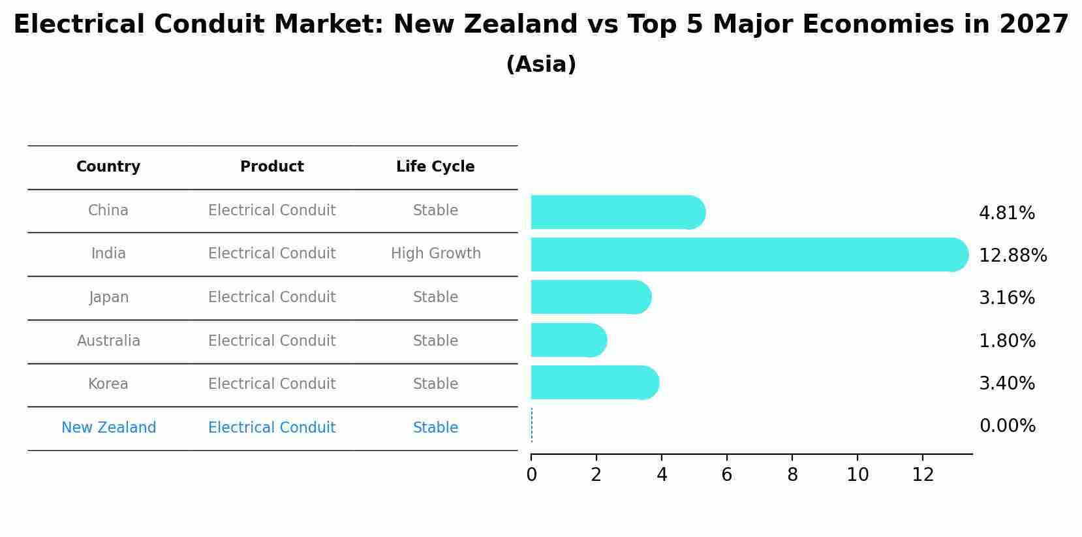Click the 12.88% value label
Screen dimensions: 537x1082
(1013, 255)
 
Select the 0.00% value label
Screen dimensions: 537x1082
(1007, 426)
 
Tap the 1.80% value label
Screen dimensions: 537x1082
(1007, 341)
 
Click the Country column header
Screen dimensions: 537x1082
(108, 167)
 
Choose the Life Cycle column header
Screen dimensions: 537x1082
(435, 167)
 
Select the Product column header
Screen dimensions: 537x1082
(271, 167)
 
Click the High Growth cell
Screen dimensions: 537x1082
(435, 254)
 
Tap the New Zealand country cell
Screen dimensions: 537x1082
(108, 428)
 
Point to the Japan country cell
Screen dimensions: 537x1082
(108, 298)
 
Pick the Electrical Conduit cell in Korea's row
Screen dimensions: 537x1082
(271, 384)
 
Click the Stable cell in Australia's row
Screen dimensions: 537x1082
(435, 341)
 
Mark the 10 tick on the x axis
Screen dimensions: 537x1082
(858, 475)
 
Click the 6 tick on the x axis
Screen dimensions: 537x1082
(727, 475)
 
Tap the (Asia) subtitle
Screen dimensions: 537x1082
(541, 65)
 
